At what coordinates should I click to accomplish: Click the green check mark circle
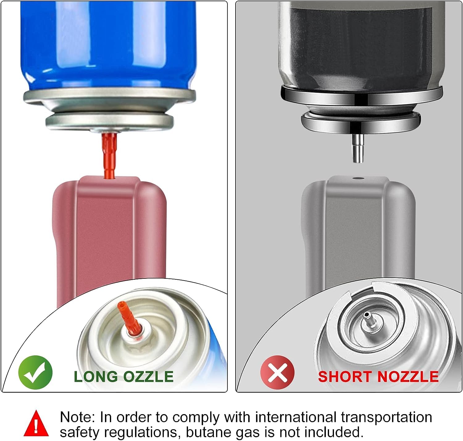point(35,372)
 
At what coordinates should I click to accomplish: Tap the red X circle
point(277,372)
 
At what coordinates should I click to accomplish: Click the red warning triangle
point(36,423)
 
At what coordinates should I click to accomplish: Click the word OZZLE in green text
point(148,377)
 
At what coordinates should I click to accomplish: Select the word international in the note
point(296,417)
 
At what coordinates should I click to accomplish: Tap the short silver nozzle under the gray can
point(358,148)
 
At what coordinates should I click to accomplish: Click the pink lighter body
point(110,236)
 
